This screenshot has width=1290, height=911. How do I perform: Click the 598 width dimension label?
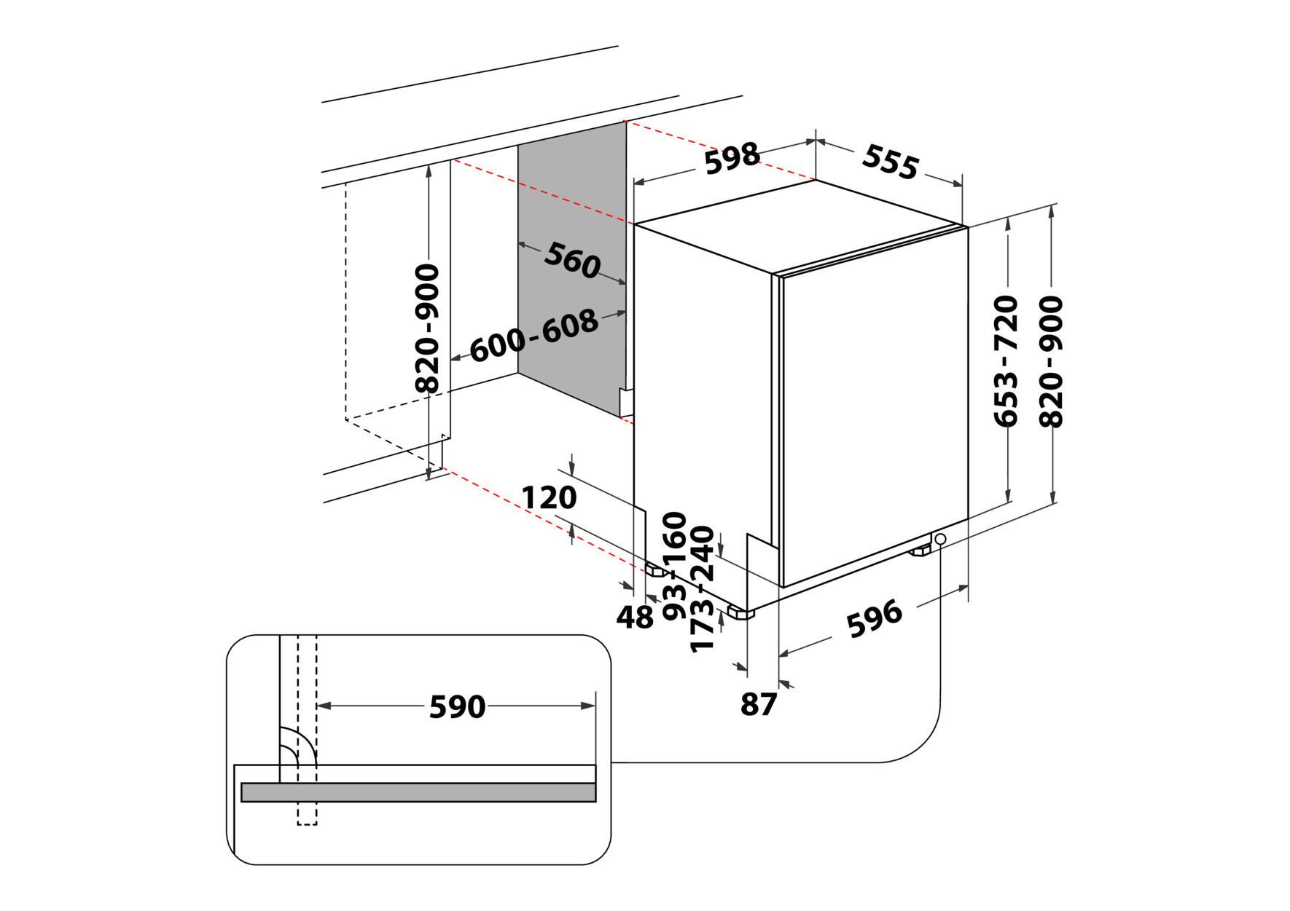732,159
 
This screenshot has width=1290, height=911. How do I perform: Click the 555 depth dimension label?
890,162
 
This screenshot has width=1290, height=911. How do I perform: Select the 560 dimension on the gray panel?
573,261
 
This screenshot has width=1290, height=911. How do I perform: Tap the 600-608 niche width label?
534,336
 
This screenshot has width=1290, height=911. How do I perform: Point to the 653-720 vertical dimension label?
1006,360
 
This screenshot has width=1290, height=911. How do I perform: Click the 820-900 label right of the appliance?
1051,360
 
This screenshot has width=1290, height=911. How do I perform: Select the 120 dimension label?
549,498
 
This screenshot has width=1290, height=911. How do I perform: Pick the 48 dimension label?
635,618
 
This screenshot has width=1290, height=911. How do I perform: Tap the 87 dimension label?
759,704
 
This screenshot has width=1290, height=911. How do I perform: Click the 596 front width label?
874,618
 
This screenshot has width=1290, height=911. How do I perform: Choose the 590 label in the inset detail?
457,706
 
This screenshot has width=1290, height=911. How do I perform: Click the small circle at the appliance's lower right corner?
940,539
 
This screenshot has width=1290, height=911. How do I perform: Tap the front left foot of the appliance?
741,613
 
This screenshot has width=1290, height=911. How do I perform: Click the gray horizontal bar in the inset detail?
418,792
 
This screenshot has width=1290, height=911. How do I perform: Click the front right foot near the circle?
920,551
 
